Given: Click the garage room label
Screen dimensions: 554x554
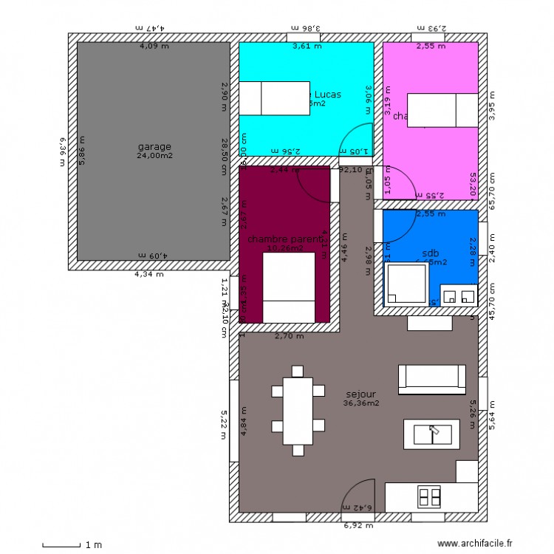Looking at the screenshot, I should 154,146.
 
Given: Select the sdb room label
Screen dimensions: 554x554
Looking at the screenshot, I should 430,252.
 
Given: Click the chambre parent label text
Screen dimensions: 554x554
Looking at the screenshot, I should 285,239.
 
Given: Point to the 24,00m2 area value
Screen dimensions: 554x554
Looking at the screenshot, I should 154,156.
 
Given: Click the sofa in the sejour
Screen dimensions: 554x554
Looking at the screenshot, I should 431,377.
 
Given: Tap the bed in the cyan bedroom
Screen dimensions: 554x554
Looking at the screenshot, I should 275,98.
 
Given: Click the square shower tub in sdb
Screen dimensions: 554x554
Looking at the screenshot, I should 406,283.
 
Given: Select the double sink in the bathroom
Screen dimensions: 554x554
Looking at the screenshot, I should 459,295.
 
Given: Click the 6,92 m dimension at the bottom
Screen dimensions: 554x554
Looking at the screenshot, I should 359,526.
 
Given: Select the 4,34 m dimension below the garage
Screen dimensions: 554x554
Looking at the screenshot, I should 149,274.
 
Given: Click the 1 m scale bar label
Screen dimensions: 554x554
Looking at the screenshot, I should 92,545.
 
